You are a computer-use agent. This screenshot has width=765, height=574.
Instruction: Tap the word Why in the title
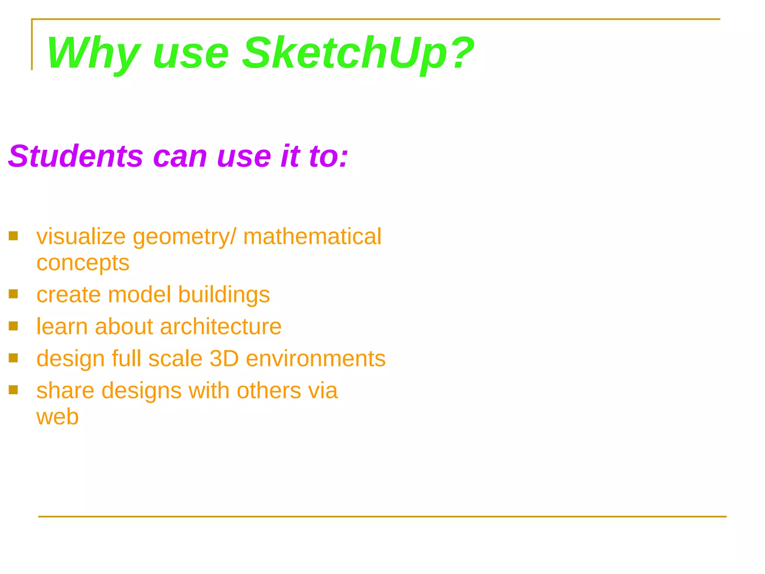pyautogui.click(x=93, y=53)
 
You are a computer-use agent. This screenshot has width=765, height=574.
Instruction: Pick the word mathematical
pyautogui.click(x=312, y=237)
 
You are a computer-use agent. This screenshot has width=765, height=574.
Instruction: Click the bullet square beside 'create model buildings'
pyautogui.click(x=13, y=294)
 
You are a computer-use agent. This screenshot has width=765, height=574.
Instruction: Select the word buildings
pyautogui.click(x=224, y=295)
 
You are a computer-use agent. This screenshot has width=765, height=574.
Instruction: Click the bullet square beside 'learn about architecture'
pyautogui.click(x=13, y=326)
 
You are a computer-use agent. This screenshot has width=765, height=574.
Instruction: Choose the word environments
pyautogui.click(x=316, y=359)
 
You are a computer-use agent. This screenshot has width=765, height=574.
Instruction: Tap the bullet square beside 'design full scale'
pyautogui.click(x=13, y=358)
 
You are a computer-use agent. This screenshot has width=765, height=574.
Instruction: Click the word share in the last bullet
pyautogui.click(x=65, y=391)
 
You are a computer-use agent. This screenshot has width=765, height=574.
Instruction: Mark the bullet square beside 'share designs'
pyautogui.click(x=13, y=390)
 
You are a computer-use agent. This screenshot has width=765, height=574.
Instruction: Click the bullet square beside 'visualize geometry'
pyautogui.click(x=13, y=236)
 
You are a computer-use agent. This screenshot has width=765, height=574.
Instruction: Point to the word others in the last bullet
pyautogui.click(x=269, y=391)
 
